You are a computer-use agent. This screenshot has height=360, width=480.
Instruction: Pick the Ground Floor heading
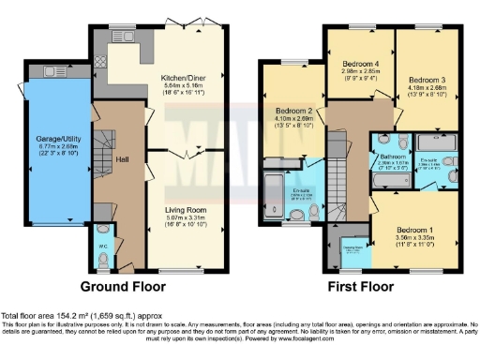pos(126,285)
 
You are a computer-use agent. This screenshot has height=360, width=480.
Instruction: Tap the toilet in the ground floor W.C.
pos(102,232)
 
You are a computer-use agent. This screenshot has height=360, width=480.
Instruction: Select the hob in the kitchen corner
pos(102,65)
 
